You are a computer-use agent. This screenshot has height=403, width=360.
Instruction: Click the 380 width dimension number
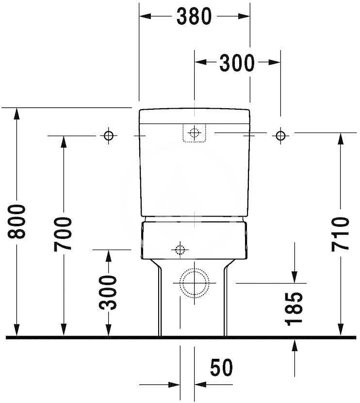click(x=194, y=17)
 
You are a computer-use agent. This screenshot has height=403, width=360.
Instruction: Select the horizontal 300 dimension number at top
click(x=237, y=63)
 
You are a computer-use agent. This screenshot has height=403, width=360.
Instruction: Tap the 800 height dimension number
click(x=16, y=221)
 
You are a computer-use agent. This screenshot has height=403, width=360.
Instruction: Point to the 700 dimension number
click(x=63, y=234)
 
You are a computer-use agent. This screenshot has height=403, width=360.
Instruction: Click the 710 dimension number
click(x=340, y=234)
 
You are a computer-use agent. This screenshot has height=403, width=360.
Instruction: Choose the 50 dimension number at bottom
click(x=221, y=367)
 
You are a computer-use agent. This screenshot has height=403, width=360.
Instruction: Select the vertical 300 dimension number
click(x=108, y=292)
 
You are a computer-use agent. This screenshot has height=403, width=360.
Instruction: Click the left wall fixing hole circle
click(x=108, y=135)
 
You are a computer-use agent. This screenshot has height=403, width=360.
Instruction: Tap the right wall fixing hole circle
click(x=280, y=135)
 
